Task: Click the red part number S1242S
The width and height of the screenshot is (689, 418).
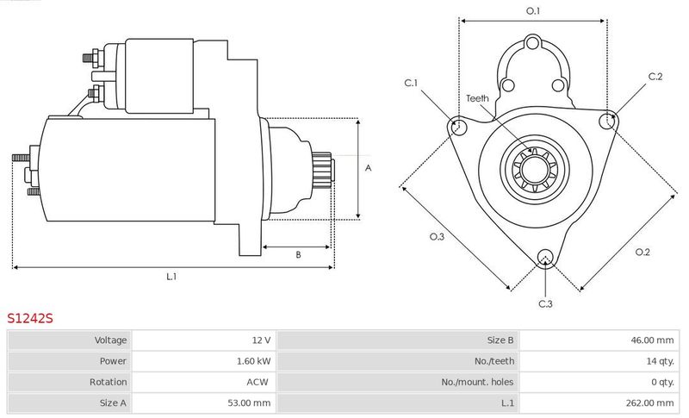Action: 30,318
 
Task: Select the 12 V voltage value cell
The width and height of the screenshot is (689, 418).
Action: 261,340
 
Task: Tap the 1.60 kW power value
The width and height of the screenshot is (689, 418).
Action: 253,361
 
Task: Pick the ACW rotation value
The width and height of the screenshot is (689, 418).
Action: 257,382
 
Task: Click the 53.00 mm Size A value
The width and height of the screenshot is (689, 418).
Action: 249,402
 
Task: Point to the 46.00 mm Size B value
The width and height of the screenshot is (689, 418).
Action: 652,340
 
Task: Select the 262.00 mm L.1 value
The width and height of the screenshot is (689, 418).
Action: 650,402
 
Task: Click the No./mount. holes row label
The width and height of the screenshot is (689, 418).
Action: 477,382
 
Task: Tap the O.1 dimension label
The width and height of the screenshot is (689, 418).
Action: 533,11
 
